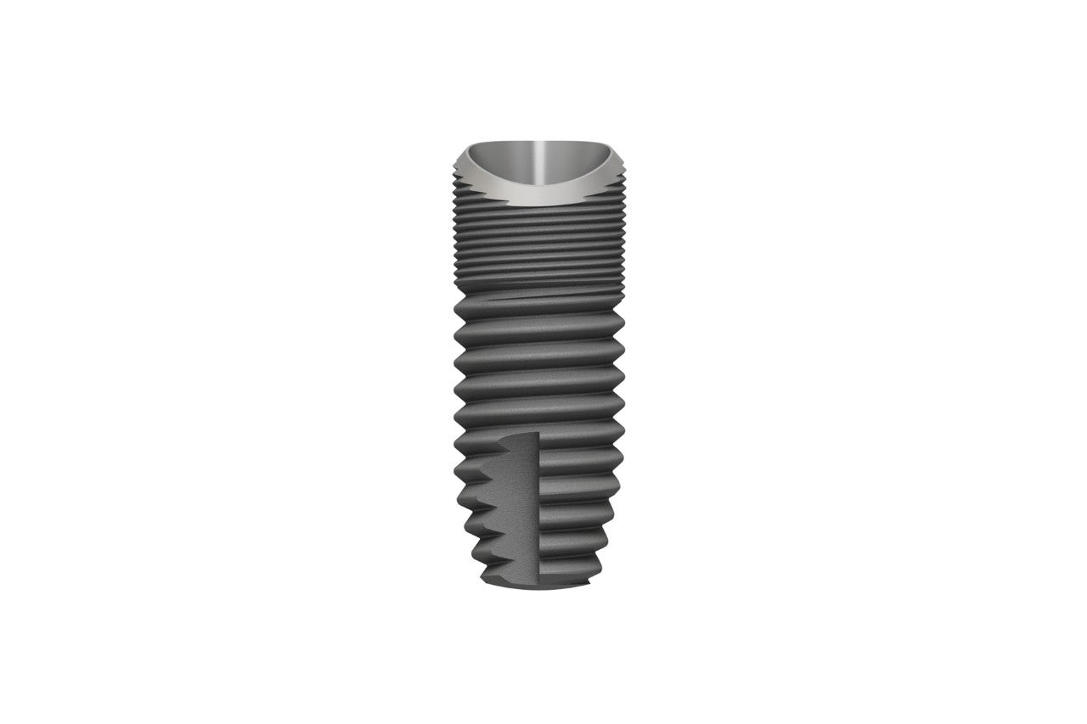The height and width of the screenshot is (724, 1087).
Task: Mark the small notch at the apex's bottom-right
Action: click(589, 584)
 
